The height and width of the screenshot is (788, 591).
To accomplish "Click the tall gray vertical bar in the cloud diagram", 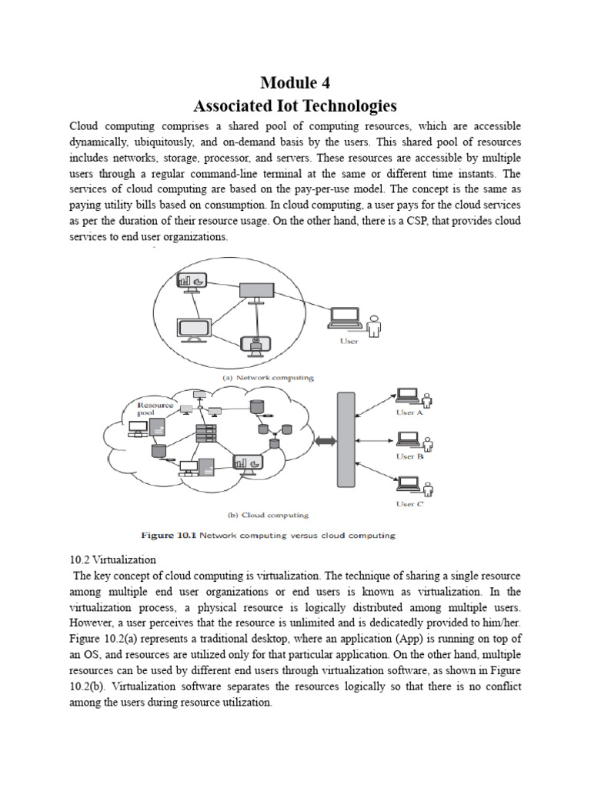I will click(346, 439).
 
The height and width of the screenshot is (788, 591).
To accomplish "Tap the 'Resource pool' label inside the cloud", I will click(155, 408).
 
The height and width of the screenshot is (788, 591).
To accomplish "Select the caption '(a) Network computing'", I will click(267, 378).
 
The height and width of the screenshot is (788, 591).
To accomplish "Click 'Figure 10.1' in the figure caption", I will click(168, 535).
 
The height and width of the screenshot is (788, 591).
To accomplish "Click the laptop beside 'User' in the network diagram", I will click(345, 318).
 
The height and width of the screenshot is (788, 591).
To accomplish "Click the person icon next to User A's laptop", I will click(426, 398).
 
